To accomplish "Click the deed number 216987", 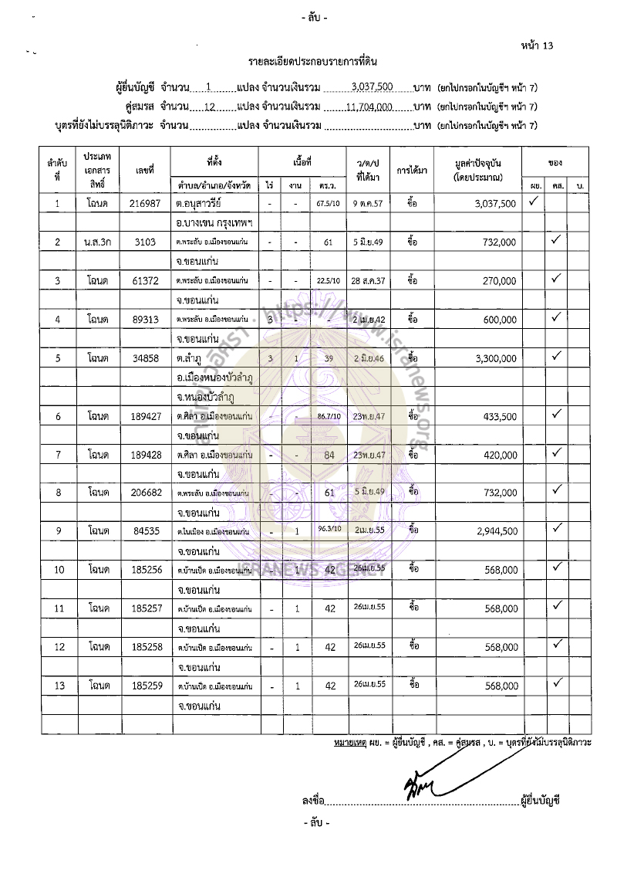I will point(146,204).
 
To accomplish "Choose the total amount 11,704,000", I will point(369,107).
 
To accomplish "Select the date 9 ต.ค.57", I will point(367,204).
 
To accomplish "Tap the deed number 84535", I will point(146,531).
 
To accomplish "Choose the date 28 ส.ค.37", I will point(367,281).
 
